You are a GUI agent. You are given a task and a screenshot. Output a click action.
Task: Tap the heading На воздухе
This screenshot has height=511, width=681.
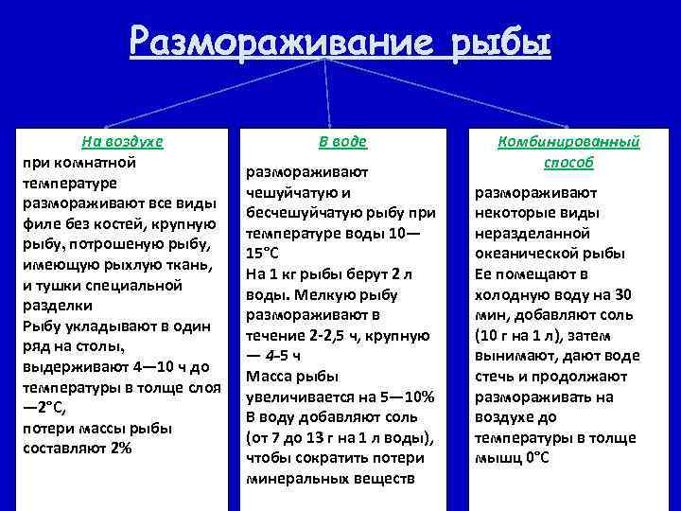(x=122, y=141)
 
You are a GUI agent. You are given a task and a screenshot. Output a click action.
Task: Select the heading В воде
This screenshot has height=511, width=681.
(x=341, y=141)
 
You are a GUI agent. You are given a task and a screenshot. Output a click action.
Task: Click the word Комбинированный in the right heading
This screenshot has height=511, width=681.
(x=568, y=141)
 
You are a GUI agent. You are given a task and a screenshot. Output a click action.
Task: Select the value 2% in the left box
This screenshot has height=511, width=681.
(x=120, y=448)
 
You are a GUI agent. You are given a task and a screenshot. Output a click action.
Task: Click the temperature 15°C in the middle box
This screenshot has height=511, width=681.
(x=266, y=254)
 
